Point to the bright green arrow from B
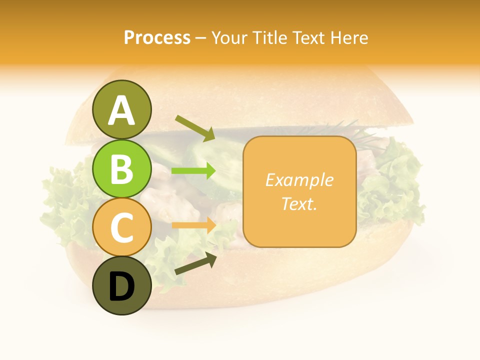pyautogui.click(x=194, y=171)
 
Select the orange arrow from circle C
pyautogui.click(x=194, y=225)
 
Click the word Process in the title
pyautogui.click(x=157, y=38)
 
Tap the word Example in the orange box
pyautogui.click(x=299, y=180)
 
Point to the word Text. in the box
pyautogui.click(x=299, y=203)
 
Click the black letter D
pyautogui.click(x=121, y=287)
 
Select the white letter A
pyautogui.click(x=121, y=110)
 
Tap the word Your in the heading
pyautogui.click(x=229, y=38)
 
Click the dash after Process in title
pyautogui.click(x=200, y=38)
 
